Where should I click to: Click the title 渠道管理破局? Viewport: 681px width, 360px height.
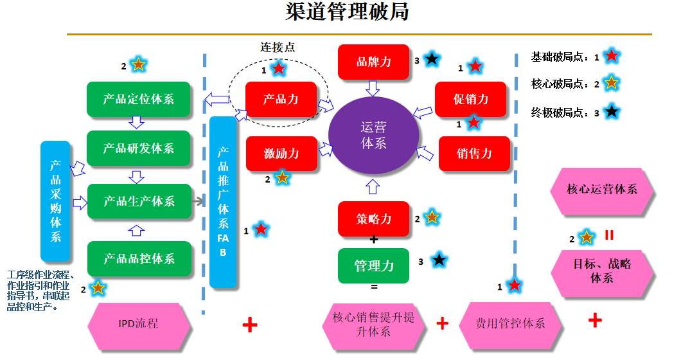pyautogui.click(x=347, y=12)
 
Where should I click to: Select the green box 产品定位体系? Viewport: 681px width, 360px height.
pyautogui.click(x=139, y=99)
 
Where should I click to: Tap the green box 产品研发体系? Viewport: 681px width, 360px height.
pyautogui.click(x=139, y=148)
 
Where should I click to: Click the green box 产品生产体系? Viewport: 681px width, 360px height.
pyautogui.click(x=139, y=201)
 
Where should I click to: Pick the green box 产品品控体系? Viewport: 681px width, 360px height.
pyautogui.click(x=139, y=258)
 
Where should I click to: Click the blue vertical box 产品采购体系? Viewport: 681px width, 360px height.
pyautogui.click(x=56, y=200)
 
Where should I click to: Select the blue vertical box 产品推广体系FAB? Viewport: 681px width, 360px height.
pyautogui.click(x=223, y=202)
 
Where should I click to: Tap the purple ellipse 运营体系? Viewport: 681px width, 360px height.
pyautogui.click(x=374, y=136)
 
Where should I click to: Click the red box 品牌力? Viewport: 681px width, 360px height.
pyautogui.click(x=374, y=62)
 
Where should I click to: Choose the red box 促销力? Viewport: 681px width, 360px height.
pyautogui.click(x=471, y=99)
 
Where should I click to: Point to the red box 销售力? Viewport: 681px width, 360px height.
pyautogui.click(x=474, y=153)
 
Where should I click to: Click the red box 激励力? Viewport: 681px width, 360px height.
pyautogui.click(x=281, y=153)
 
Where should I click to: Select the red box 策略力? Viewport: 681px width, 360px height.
pyautogui.click(x=374, y=219)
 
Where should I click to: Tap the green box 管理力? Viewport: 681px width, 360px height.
pyautogui.click(x=374, y=265)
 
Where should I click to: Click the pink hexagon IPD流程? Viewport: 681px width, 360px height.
pyautogui.click(x=139, y=323)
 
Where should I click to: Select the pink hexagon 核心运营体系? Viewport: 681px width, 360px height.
pyautogui.click(x=602, y=190)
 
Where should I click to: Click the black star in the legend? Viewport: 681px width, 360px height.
pyautogui.click(x=612, y=111)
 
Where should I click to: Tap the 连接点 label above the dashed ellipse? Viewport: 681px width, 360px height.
pyautogui.click(x=278, y=47)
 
